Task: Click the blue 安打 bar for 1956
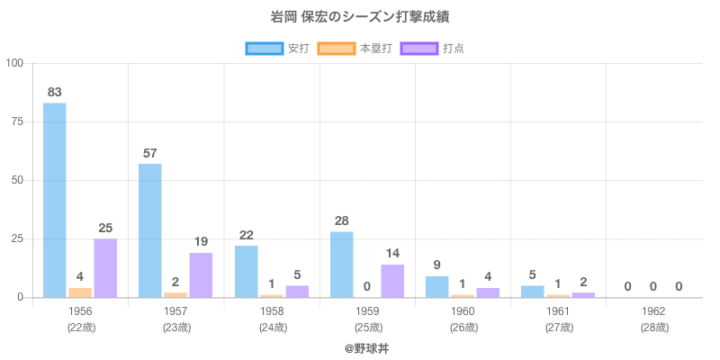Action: coord(55,200)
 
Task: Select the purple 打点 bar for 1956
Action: coord(105,268)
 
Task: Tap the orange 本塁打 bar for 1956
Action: coord(80,292)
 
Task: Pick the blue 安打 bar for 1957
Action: coord(150,230)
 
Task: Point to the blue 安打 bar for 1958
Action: coord(246,272)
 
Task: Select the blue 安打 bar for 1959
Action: coord(341,265)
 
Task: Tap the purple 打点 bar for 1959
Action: coord(392,281)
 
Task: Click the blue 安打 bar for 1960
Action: coord(437,287)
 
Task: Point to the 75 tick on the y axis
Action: coord(17,121)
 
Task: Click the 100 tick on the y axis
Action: coord(15,63)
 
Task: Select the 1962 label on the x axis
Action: coord(653,311)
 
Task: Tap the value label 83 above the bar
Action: coord(55,92)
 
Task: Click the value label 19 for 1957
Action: coord(201,241)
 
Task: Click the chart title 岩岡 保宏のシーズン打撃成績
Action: coord(360,17)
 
